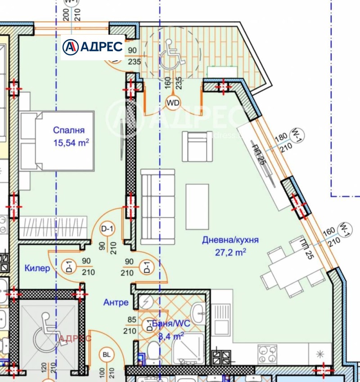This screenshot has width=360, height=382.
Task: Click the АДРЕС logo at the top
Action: click(x=93, y=46)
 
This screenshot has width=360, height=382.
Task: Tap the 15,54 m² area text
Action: click(x=71, y=144)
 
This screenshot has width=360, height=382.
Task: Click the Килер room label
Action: click(x=37, y=268)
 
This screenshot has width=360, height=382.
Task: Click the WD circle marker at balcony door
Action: click(x=173, y=103)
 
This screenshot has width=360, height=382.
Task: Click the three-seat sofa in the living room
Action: click(x=157, y=206)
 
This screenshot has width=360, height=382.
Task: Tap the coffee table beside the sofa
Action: click(x=198, y=206)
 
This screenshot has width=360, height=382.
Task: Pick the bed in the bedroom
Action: click(x=57, y=141)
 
